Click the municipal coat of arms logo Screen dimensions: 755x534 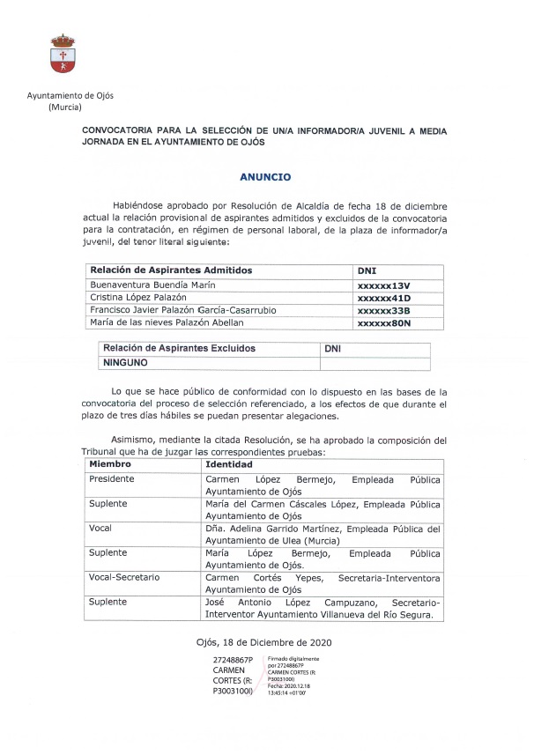pyautogui.click(x=63, y=55)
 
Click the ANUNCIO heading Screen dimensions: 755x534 pyautogui.click(x=266, y=176)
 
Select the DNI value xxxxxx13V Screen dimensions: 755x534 pyautogui.click(x=383, y=285)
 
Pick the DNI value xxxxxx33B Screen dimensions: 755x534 pyautogui.click(x=384, y=311)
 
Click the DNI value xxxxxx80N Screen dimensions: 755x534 pyautogui.click(x=384, y=323)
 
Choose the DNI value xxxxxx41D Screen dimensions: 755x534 pyautogui.click(x=384, y=299)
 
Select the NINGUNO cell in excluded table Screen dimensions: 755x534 pyautogui.click(x=126, y=362)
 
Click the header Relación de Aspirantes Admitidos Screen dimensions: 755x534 pyautogui.click(x=171, y=270)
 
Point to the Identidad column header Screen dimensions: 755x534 pyautogui.click(x=228, y=464)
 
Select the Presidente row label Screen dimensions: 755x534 pyautogui.click(x=113, y=478)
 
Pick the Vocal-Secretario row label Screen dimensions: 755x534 pyautogui.click(x=124, y=577)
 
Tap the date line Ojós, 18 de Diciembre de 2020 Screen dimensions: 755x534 pyautogui.click(x=266, y=641)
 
